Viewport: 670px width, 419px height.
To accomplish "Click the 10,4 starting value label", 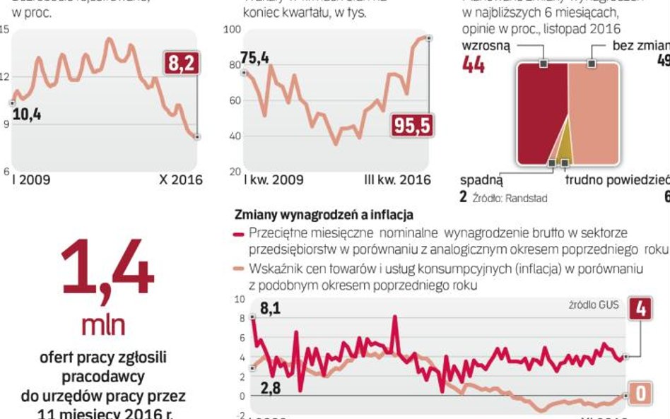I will (26, 114).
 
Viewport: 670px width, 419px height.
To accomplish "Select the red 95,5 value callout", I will (413, 126).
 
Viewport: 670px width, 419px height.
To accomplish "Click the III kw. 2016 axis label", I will (397, 180).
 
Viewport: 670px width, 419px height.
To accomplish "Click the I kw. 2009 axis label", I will (274, 180).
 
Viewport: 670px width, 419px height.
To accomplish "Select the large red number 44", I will (473, 64).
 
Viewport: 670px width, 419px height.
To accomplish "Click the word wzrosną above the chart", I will (485, 45).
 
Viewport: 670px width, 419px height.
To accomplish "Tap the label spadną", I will (481, 180).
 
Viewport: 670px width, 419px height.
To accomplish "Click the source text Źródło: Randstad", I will (510, 199).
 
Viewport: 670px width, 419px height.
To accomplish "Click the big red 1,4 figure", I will (107, 268).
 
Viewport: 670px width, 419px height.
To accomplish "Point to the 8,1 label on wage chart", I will (270, 308).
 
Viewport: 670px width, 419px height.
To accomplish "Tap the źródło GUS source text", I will (594, 305).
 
